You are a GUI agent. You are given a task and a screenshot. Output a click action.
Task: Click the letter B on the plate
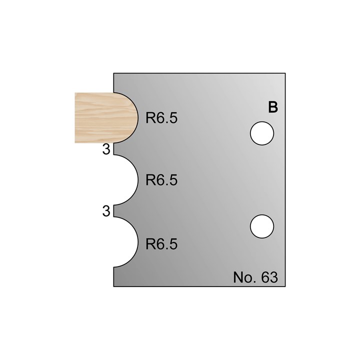[273, 107]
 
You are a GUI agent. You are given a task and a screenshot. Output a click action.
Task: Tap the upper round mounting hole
[262, 133]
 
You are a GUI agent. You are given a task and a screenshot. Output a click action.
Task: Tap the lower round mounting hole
[262, 226]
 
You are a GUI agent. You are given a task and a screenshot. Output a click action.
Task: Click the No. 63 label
[255, 277]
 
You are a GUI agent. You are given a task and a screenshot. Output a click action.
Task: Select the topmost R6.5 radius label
[161, 118]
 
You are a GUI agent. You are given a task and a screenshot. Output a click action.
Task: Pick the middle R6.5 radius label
[161, 180]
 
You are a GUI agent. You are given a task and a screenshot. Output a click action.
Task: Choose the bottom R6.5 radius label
[161, 244]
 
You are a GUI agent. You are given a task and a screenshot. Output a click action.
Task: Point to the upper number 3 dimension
[106, 149]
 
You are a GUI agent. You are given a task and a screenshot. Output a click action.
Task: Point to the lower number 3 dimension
[106, 211]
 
